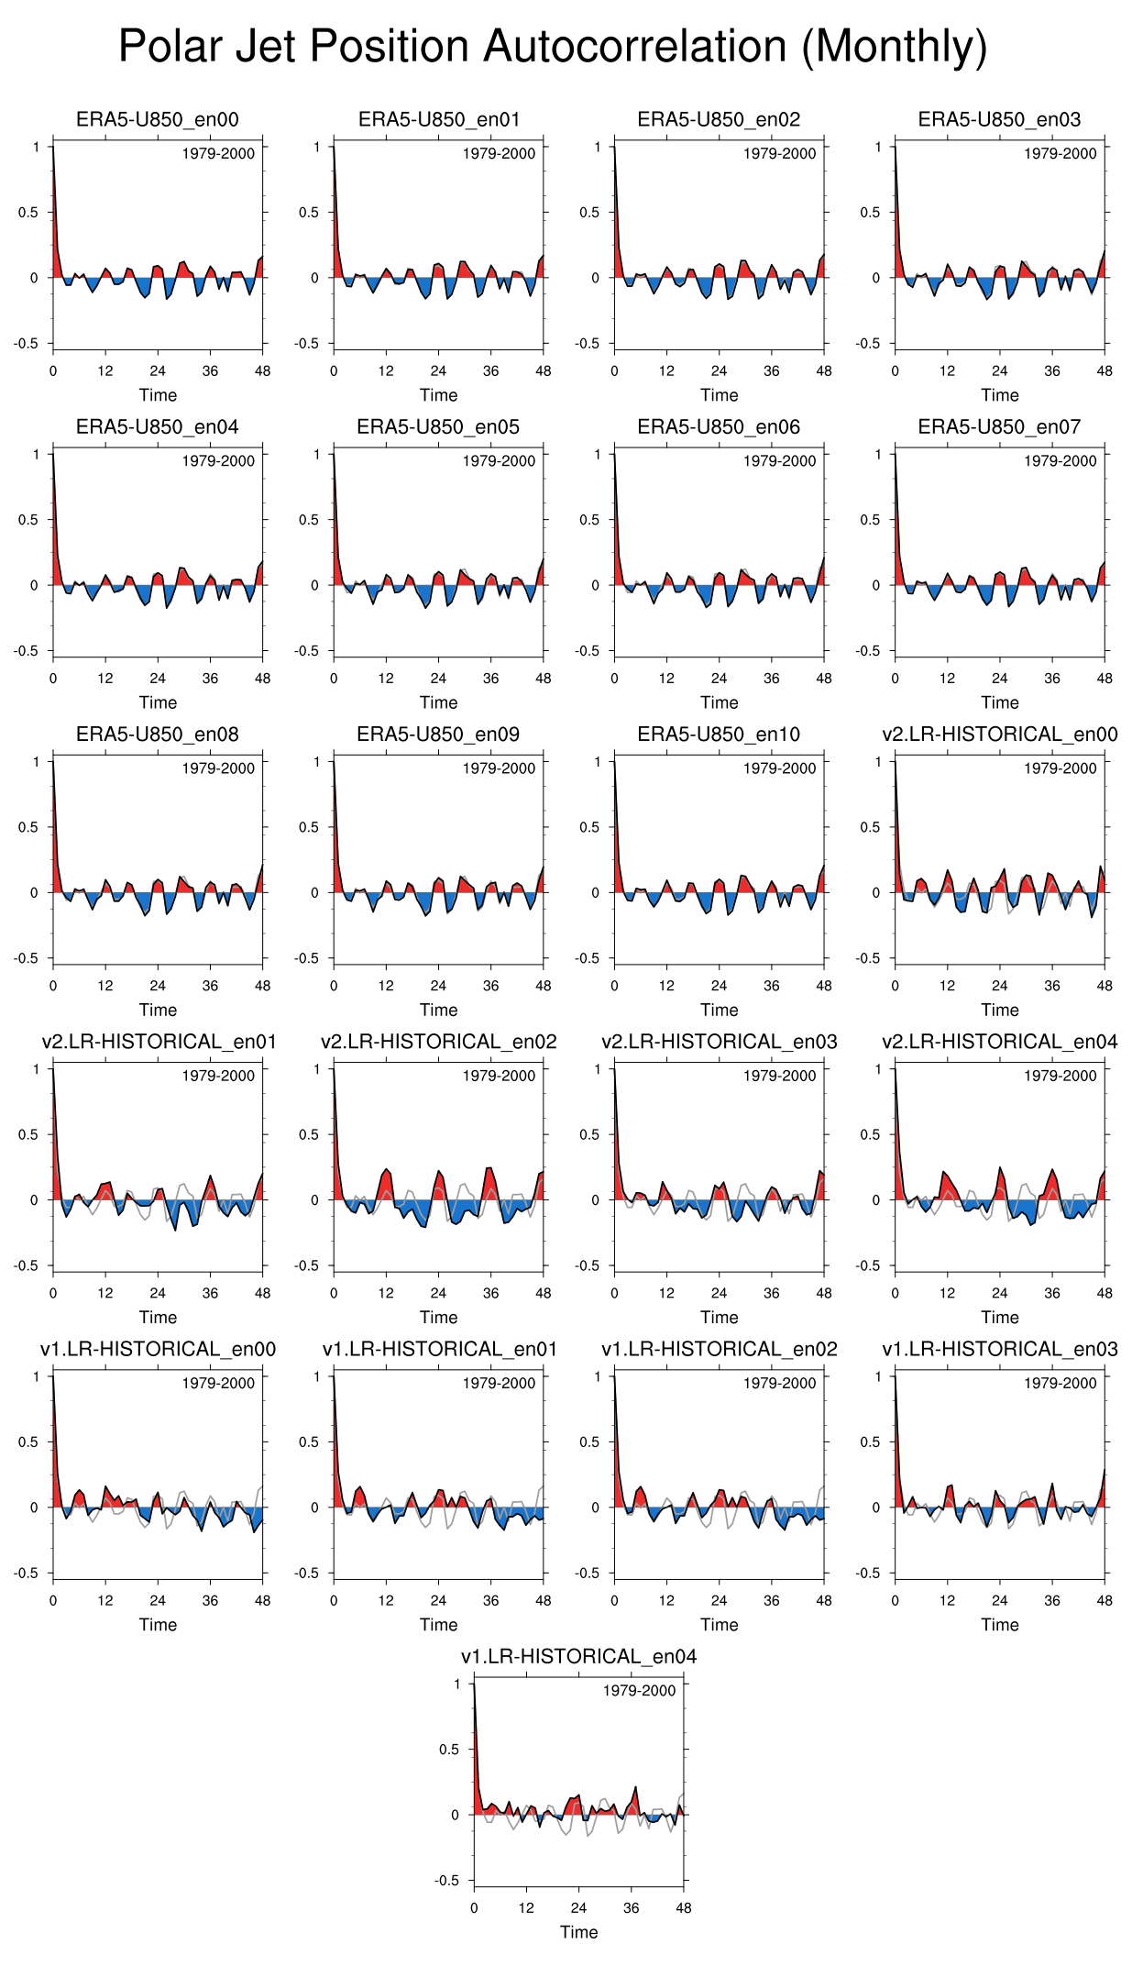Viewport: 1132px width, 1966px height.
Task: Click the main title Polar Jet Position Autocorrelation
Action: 553,47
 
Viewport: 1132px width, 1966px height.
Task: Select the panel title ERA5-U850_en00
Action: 158,119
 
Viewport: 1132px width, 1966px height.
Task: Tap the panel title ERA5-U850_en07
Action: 999,426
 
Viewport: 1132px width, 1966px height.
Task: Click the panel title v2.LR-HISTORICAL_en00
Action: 999,734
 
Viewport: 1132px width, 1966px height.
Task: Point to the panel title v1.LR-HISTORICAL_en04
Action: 578,1656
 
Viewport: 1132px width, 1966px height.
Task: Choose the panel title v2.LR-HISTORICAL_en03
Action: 719,1042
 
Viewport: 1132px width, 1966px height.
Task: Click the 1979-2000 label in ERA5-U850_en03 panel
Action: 1060,154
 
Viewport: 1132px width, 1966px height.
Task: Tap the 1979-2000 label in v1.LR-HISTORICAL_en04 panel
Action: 639,1690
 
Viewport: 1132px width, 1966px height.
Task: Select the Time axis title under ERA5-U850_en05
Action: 438,702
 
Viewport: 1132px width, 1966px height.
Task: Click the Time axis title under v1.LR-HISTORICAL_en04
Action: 578,1932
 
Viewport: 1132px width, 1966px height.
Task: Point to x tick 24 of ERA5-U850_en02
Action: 719,371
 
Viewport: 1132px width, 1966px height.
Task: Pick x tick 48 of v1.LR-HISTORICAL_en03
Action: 1105,1600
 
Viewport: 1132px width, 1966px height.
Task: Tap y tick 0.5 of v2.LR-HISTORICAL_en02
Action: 308,1134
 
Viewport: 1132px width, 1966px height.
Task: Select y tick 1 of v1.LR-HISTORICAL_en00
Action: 37,1376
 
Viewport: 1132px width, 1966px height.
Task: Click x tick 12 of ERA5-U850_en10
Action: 666,986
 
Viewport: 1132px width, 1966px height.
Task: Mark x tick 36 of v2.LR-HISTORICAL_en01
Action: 211,1293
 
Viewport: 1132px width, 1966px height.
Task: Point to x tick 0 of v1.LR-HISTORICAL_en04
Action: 474,1907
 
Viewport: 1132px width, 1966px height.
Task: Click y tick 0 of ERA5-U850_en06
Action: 598,585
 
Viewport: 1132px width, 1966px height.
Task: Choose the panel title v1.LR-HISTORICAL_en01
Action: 438,1349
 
